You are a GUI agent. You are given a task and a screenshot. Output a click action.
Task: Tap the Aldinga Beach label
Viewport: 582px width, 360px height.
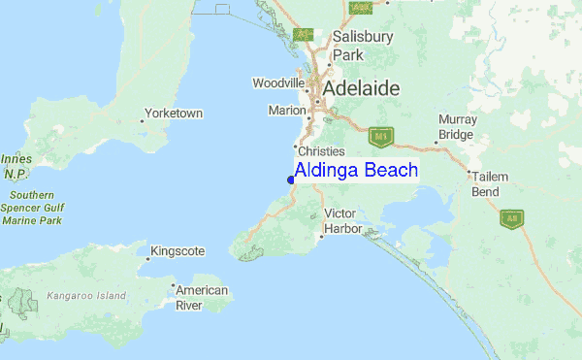click(x=356, y=170)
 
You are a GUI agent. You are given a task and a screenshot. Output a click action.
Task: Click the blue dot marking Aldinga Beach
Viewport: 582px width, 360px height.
click(x=291, y=179)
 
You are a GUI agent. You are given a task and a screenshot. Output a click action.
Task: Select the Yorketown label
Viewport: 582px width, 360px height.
click(x=174, y=114)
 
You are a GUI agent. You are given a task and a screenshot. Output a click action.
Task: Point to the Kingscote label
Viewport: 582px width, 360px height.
click(x=179, y=251)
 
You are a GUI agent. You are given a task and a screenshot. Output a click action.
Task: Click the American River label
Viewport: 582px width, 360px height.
click(x=202, y=298)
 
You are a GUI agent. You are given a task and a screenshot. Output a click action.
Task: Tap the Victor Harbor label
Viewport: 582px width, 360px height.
click(x=343, y=220)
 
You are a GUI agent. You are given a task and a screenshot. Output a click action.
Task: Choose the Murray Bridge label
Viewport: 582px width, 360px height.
click(x=456, y=127)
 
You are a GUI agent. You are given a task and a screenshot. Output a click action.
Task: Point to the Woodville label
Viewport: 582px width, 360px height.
click(x=279, y=83)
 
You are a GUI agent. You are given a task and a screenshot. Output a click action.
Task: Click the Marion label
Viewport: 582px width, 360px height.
click(x=287, y=111)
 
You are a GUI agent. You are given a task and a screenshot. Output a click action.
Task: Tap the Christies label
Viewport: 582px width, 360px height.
click(x=322, y=151)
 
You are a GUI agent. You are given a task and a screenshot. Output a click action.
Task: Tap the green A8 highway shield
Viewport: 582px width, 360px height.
click(x=512, y=219)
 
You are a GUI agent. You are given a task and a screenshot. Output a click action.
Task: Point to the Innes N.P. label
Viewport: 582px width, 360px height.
click(x=15, y=166)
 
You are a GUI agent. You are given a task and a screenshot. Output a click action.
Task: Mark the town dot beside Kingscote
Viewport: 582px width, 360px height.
click(x=149, y=258)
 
